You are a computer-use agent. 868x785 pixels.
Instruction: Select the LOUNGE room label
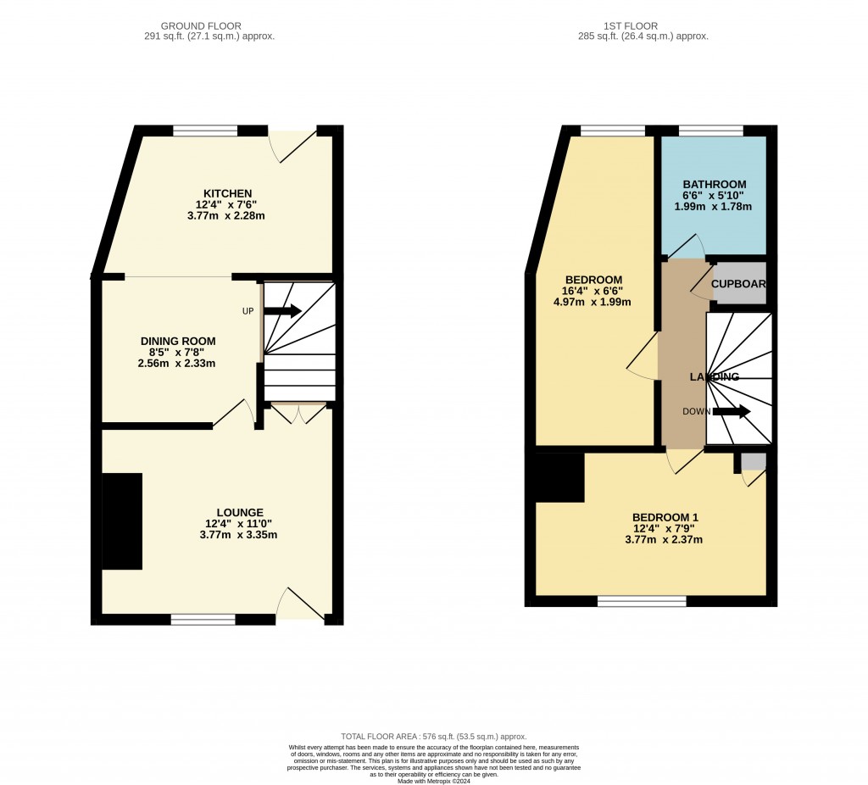point(239,512)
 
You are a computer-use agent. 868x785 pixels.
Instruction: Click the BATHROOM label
point(714,184)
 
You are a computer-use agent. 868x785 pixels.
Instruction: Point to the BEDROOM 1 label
point(665,517)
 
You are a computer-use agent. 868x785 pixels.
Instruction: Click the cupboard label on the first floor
point(739,284)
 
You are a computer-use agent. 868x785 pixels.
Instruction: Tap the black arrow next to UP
point(282,311)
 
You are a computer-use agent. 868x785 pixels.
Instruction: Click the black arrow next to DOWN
point(732,412)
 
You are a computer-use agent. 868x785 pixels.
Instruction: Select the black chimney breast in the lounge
point(122,521)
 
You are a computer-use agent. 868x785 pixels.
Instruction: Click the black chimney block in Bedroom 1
point(559,477)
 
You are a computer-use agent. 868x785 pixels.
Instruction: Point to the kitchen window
point(205,131)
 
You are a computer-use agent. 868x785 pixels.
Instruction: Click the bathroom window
point(710,131)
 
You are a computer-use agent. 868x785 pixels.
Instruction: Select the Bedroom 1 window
point(642,601)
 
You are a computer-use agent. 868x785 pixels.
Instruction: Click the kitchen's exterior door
point(293,144)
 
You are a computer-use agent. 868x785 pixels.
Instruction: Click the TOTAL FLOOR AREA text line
point(433,737)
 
